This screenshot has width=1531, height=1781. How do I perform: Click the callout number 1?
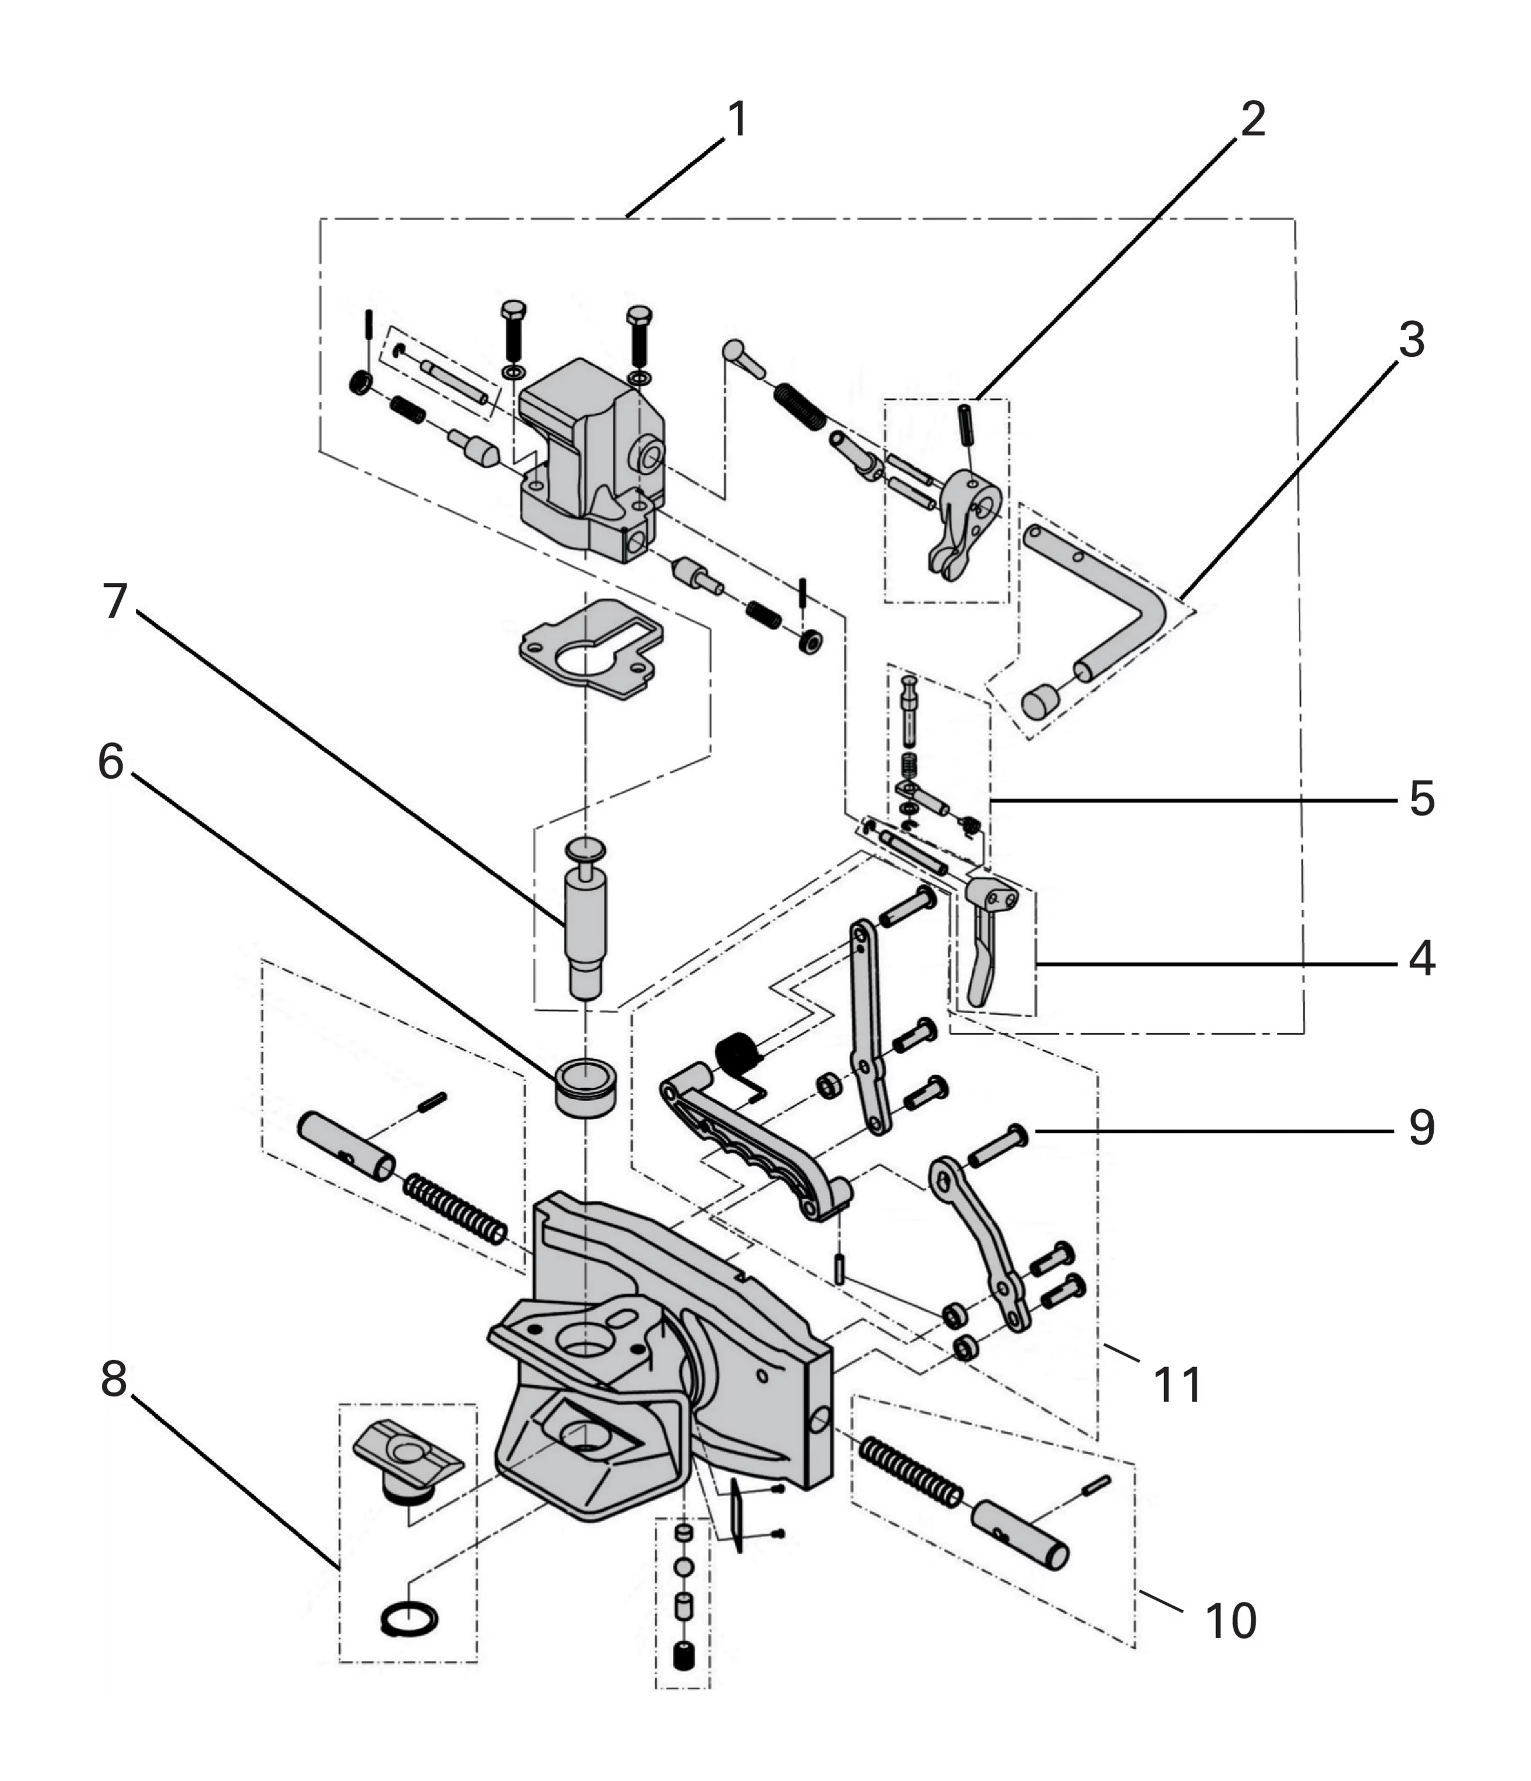click(738, 120)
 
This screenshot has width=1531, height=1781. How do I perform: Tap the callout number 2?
click(1252, 120)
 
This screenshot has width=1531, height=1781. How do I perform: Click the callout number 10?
click(1231, 1620)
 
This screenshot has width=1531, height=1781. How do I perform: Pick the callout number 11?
click(1178, 1385)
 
